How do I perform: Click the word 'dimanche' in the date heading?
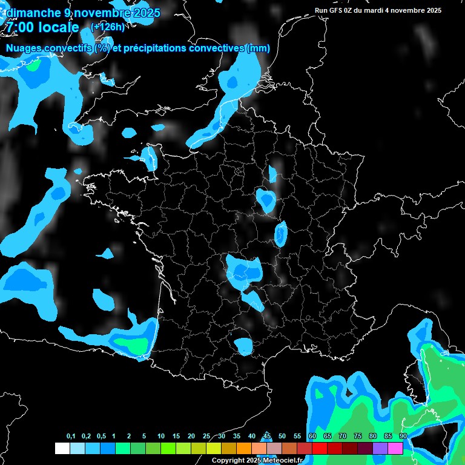29,13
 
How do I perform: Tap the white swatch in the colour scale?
62,449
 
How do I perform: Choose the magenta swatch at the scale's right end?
395,449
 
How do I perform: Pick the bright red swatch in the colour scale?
320,449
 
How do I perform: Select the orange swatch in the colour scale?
243,449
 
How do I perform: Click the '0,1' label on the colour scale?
71,437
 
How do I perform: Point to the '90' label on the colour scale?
403,437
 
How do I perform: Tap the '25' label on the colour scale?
206,437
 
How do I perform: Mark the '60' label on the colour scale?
312,437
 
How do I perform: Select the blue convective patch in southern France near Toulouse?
245,346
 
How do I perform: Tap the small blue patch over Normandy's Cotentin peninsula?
149,157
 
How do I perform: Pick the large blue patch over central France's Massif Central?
243,269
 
